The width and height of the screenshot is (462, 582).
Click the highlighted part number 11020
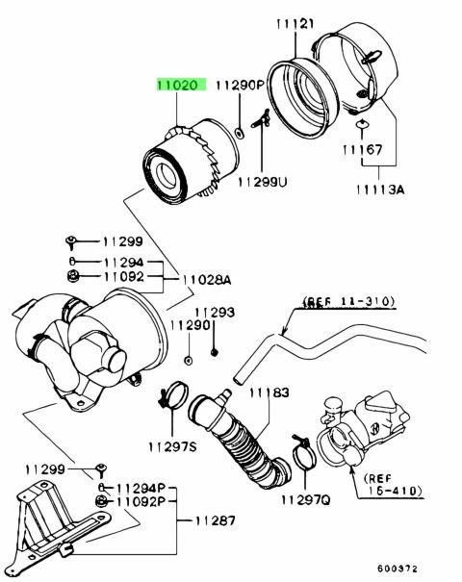(178, 85)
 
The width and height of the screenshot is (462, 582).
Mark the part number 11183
(270, 392)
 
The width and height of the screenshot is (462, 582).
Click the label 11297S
(172, 445)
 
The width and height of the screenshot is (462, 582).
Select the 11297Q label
(305, 500)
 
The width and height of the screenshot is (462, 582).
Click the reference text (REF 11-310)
(349, 302)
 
